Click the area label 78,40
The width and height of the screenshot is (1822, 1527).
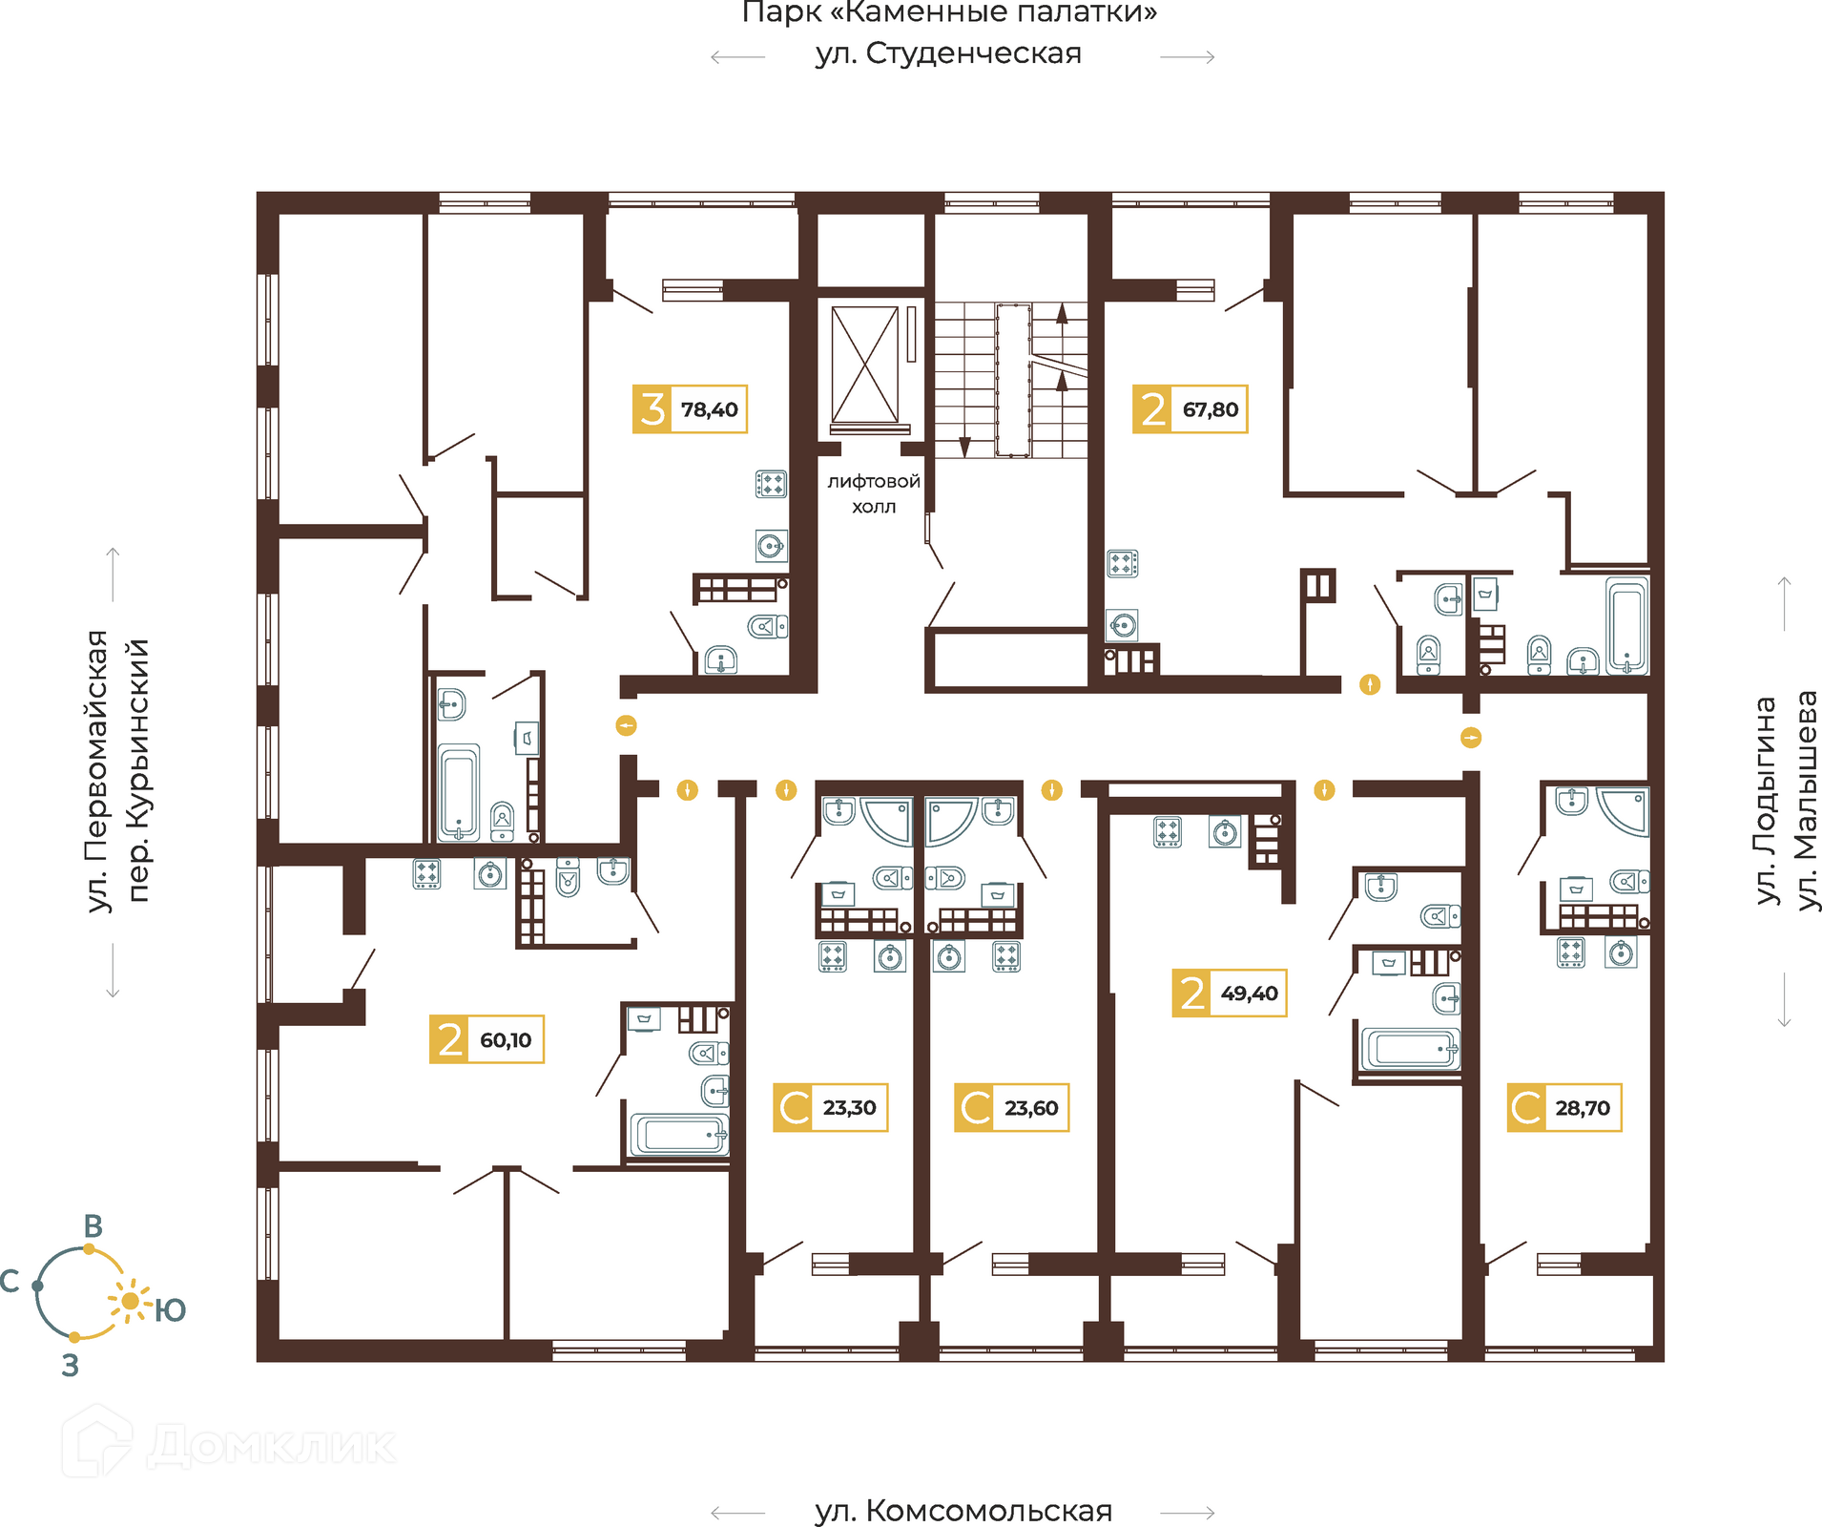click(709, 409)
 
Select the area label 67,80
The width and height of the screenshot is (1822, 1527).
click(1211, 409)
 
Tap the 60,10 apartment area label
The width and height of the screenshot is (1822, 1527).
click(506, 1039)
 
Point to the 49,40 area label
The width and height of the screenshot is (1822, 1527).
click(1249, 993)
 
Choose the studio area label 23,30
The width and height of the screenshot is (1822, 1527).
click(849, 1107)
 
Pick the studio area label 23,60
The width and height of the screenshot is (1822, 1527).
click(1031, 1108)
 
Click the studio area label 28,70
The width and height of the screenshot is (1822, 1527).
click(1583, 1108)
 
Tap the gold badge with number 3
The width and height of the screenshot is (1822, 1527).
click(652, 409)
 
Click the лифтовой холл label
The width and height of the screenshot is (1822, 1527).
click(874, 493)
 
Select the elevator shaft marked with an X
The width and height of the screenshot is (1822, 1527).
click(865, 365)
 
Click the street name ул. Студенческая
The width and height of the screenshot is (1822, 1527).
click(948, 53)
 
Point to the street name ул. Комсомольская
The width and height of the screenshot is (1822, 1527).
click(963, 1511)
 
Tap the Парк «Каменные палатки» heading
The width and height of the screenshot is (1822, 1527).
click(950, 13)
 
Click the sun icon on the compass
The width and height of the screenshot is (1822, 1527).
click(131, 1301)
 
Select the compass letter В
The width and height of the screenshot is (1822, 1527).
click(93, 1226)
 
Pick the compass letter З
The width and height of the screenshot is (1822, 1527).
click(70, 1366)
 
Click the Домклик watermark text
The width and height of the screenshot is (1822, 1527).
click(272, 1446)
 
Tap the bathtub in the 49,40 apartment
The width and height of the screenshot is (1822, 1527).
click(1411, 1049)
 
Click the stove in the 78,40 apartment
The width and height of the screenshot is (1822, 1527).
click(771, 484)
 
